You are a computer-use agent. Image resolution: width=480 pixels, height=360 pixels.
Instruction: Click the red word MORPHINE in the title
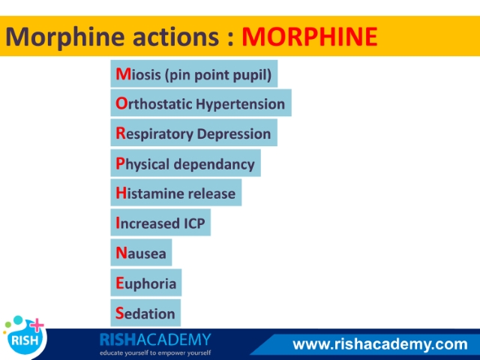tap(310, 37)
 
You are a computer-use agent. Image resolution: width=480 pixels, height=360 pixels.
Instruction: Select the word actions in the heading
tap(175, 37)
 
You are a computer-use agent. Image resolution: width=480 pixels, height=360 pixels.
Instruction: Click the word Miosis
tap(138, 74)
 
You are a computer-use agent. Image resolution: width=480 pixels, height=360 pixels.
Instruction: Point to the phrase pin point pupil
tap(218, 75)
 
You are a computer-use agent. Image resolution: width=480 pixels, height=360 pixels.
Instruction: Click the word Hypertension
tap(240, 104)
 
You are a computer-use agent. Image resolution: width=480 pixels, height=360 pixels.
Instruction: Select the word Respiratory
tap(154, 134)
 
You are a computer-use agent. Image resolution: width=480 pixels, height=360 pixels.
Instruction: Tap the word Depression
tap(234, 134)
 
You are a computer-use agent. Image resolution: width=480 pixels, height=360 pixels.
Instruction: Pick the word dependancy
tap(214, 164)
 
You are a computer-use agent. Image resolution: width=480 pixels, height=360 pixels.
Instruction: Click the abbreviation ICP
tap(194, 223)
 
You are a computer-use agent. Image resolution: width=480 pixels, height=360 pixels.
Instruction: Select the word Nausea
tap(141, 253)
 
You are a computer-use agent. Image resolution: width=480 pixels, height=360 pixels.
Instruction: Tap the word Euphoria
tap(145, 283)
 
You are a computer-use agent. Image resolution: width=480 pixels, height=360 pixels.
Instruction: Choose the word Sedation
tap(145, 313)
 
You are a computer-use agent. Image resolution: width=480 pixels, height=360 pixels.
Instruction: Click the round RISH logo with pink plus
tap(25, 336)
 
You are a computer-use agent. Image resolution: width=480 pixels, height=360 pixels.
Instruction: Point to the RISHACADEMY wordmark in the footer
tap(155, 340)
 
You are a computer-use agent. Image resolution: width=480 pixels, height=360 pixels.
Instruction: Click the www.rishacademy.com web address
tap(380, 344)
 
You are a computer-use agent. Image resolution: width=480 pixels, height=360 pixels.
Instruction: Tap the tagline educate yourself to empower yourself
tap(155, 353)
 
